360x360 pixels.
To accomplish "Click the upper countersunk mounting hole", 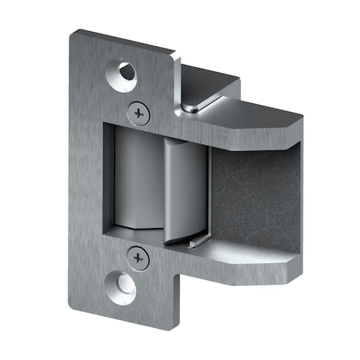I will point(126,72).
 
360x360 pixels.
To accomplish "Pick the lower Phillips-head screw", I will point(138,258).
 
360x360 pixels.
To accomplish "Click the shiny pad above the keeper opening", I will point(194,103).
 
